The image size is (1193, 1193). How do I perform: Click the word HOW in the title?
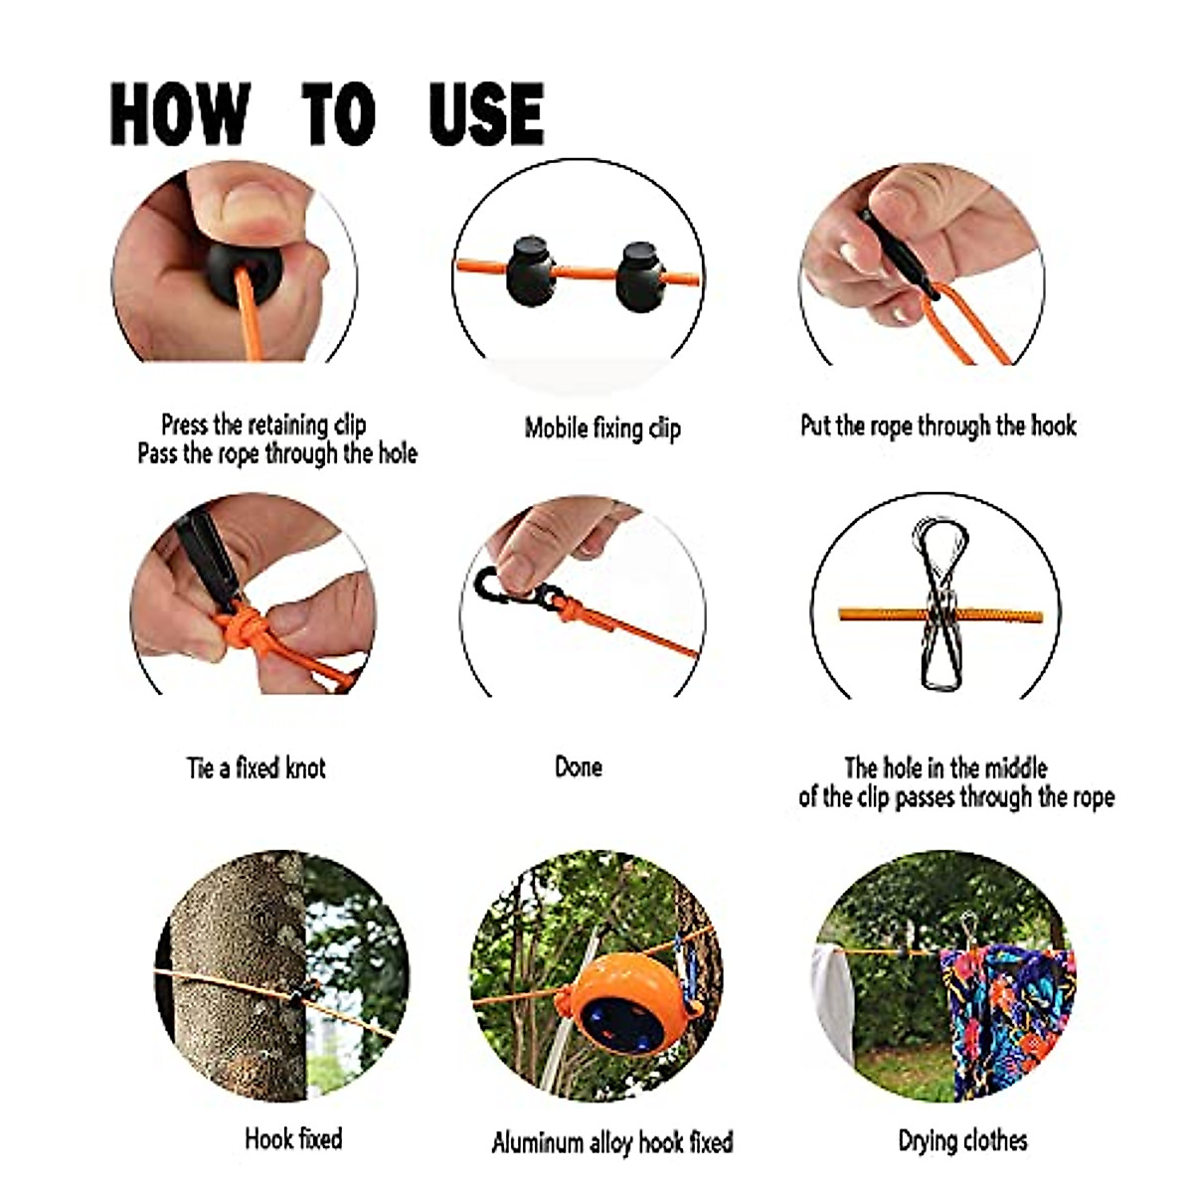[x=179, y=114]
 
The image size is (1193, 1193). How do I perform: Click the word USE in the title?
[x=486, y=114]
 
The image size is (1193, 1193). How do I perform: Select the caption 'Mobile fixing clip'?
[x=602, y=428]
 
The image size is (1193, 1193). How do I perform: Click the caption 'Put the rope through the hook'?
[x=937, y=426]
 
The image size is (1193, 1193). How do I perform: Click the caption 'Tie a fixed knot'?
[x=256, y=768]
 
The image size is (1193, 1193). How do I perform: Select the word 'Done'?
[x=578, y=767]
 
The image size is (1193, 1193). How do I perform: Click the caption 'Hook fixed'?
[x=293, y=1138]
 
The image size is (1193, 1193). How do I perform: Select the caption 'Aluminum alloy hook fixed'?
[x=612, y=1142]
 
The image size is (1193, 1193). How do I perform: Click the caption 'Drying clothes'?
[x=962, y=1140]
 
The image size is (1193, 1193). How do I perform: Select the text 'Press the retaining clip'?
[x=263, y=426]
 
